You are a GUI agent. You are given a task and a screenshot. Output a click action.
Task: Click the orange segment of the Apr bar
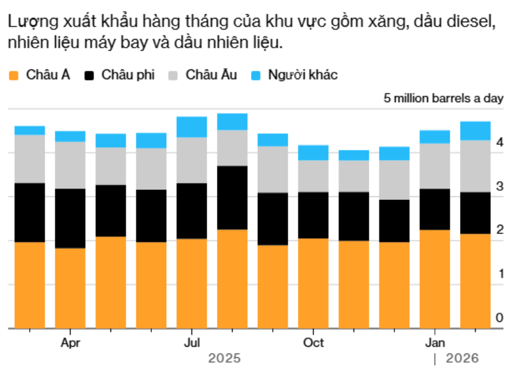70,288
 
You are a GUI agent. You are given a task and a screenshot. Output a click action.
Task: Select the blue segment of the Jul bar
192,127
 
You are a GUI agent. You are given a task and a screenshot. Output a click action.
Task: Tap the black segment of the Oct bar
313,215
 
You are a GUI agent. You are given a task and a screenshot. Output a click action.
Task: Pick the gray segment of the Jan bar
435,166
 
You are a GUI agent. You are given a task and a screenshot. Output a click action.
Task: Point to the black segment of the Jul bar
192,211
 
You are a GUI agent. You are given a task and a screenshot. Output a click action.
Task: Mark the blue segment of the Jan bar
435,137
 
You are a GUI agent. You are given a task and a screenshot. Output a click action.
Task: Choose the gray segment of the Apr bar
70,165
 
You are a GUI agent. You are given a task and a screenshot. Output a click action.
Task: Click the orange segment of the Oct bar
313,283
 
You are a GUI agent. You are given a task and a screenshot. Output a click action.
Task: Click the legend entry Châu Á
39,75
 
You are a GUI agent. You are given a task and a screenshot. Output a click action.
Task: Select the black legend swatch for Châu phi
89,76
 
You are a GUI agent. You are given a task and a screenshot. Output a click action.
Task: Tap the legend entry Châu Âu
203,75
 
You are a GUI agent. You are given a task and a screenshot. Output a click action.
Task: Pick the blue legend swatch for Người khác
255,76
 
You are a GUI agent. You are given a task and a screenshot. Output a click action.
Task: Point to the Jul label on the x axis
192,343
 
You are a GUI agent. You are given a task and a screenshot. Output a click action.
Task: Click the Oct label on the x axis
313,343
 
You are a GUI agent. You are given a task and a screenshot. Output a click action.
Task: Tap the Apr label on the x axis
70,343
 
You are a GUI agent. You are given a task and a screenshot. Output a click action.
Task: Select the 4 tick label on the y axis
500,142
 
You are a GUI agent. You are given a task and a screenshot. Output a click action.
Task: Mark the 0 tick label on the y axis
500,318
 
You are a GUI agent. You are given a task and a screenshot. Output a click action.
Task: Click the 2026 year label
462,358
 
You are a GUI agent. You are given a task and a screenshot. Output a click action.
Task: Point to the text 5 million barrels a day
443,98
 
